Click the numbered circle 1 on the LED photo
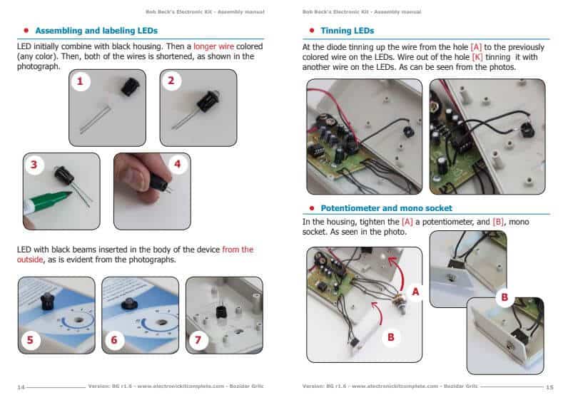coord(80,81)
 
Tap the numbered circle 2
coord(171,81)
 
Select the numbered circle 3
coord(34,165)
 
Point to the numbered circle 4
coord(178,165)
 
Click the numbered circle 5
coord(29,340)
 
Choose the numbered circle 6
coord(113,340)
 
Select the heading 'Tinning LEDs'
coord(347,31)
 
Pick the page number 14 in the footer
coord(21,386)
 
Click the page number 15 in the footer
coord(549,386)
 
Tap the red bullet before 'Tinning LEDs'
coord(313,31)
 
